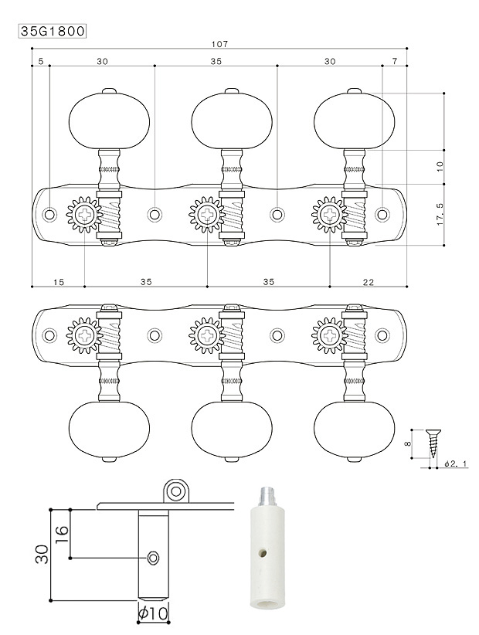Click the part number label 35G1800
click(53, 32)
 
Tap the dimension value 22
click(368, 282)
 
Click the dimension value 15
click(58, 282)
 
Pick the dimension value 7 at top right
click(395, 60)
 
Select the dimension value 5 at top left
click(40, 60)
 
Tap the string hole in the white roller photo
click(264, 554)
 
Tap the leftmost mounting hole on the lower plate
click(50, 335)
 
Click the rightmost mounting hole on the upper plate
click(382, 213)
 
